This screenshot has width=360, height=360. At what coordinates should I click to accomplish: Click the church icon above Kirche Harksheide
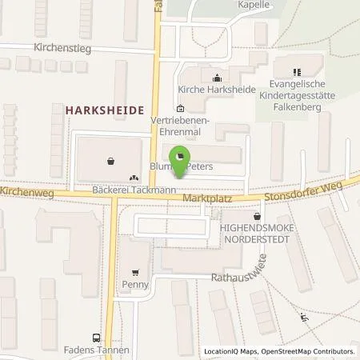(215, 78)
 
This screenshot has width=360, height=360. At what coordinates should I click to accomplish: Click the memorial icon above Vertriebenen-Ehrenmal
(180, 109)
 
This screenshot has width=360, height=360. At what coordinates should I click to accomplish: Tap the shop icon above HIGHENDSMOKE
(256, 216)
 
